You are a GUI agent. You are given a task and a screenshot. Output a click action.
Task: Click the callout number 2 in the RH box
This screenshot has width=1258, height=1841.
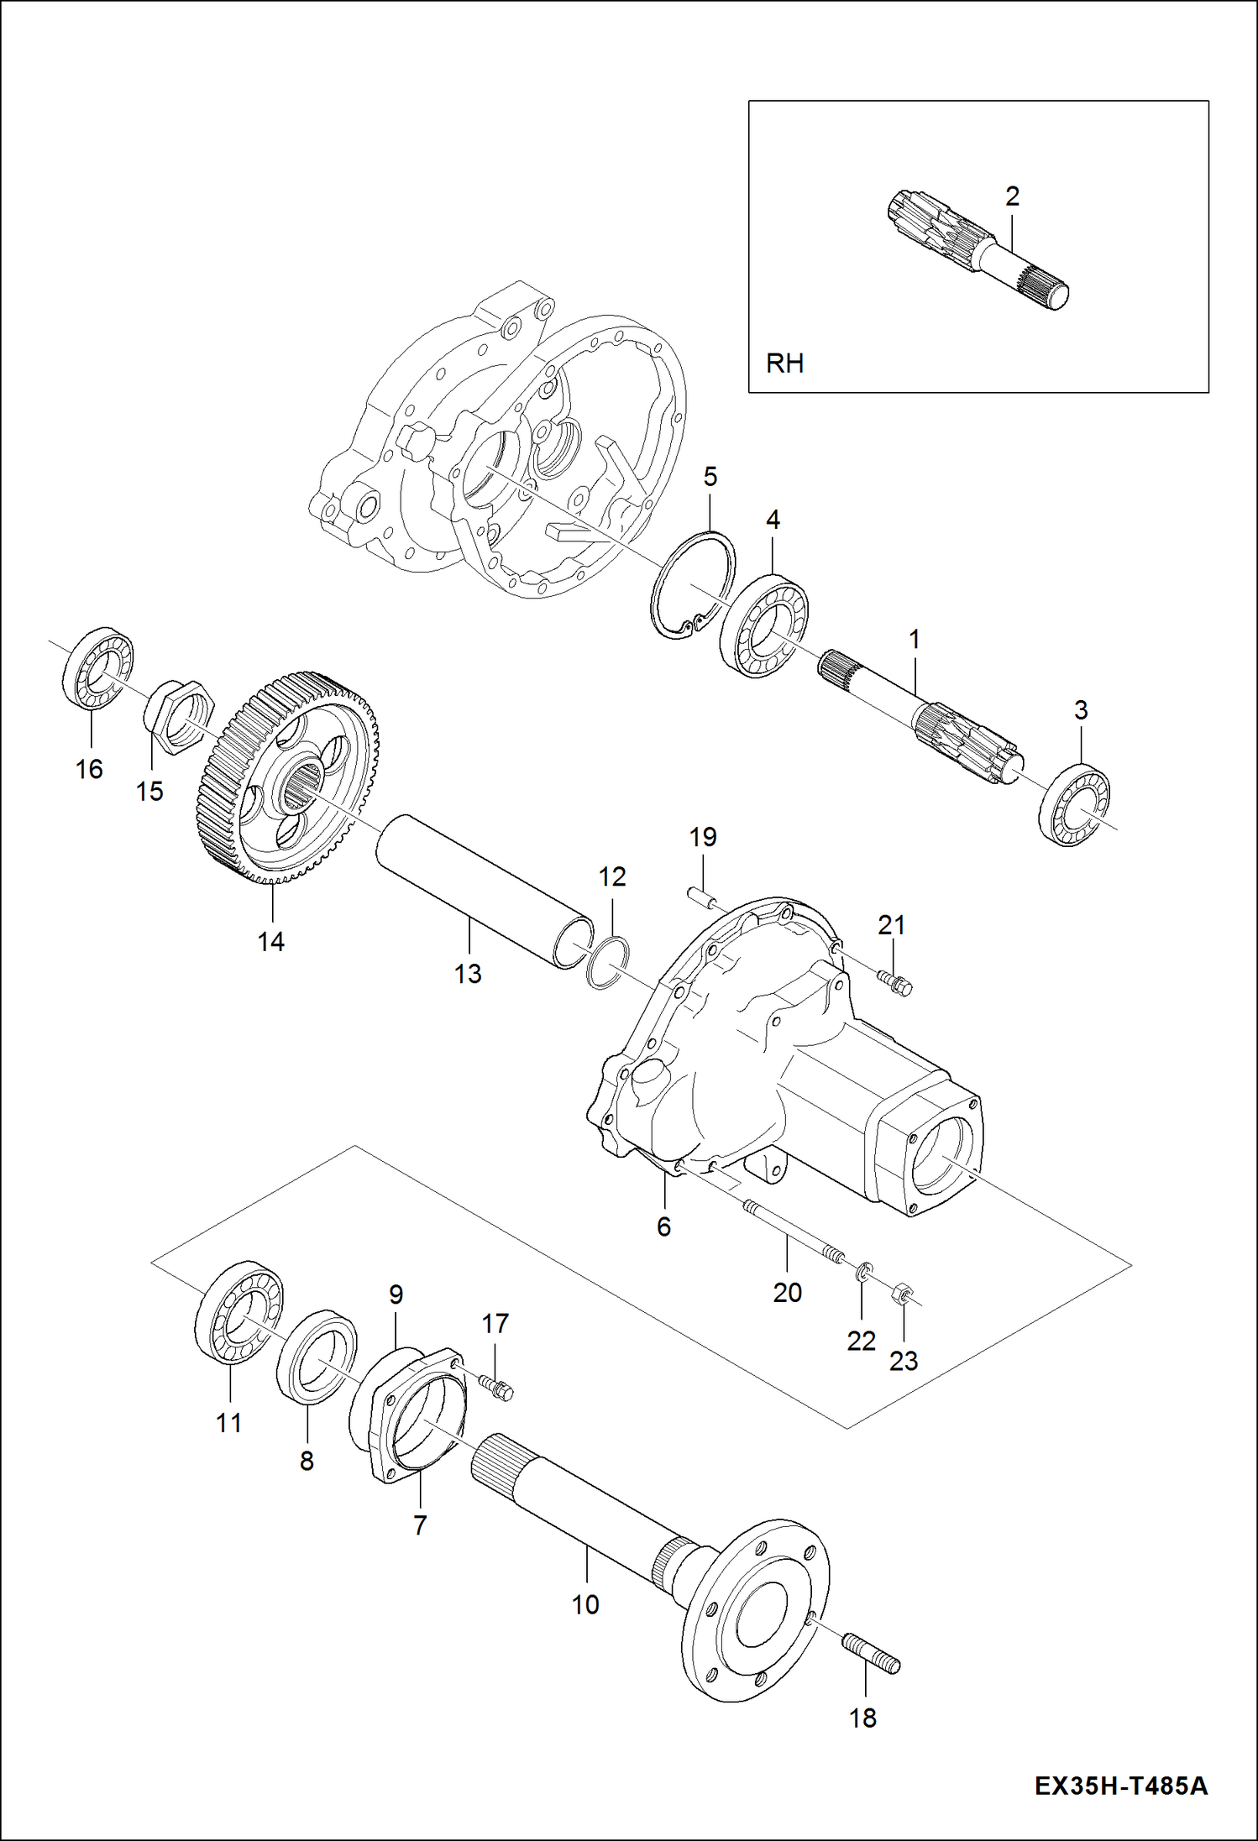[1012, 196]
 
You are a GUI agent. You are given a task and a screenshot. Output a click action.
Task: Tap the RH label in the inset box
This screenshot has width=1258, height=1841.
[784, 363]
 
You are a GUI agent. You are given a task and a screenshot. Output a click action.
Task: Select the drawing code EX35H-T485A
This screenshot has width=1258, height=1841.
[1120, 1785]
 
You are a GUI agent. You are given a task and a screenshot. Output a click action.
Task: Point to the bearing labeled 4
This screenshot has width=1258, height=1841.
[764, 626]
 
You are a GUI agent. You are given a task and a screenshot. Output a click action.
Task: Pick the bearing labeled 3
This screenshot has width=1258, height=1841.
[1074, 806]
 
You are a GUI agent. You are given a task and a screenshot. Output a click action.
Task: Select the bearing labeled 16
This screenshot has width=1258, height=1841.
[98, 667]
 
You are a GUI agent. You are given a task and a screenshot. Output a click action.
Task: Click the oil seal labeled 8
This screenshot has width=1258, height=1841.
[316, 1355]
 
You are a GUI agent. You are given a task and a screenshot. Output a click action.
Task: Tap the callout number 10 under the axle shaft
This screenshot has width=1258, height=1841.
[585, 1604]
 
